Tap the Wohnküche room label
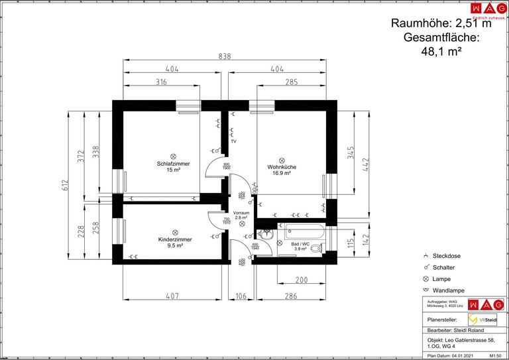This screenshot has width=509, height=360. (x=281, y=167)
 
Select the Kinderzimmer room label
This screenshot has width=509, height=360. (x=175, y=239)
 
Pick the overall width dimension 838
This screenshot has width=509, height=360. (x=225, y=57)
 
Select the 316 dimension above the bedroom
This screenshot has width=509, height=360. (x=161, y=82)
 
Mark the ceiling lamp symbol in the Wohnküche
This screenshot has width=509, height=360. (x=282, y=159)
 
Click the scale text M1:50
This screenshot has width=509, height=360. (x=494, y=356)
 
